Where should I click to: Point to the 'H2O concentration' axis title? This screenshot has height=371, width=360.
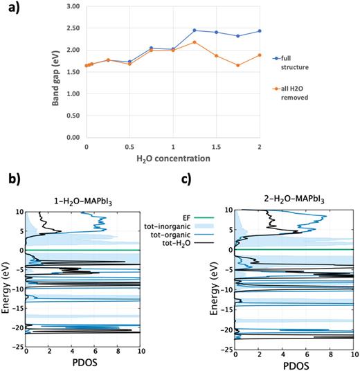coord(173,159)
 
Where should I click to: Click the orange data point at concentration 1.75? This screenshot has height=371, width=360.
coord(237,66)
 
